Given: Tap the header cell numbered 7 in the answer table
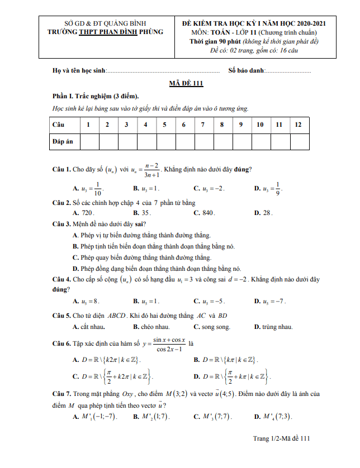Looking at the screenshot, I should coord(203,124).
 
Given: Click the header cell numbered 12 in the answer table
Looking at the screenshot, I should coord(299,124).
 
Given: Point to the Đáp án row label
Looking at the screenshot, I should coord(63,141).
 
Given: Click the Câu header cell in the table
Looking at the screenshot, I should coord(59,124).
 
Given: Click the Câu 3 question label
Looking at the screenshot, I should coord(61,224).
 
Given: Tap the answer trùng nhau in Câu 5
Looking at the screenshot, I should coord(273,327).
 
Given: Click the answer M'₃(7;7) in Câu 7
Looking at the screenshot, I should coord(213,417).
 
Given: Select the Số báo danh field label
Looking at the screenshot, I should coord(246,71).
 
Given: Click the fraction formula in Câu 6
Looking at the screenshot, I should coord(169,344).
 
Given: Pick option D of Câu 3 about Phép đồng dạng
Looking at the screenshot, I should coord(157,268).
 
